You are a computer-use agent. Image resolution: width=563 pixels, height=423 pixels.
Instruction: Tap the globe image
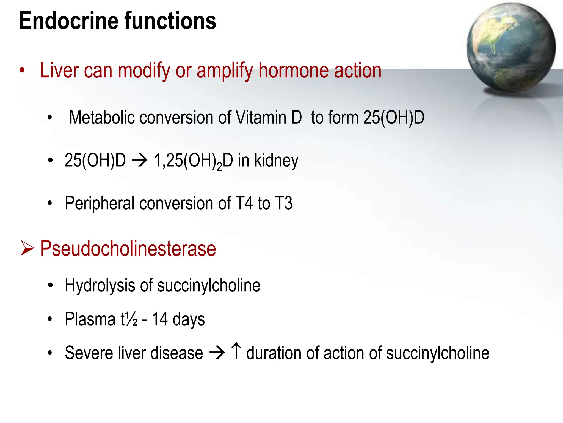click(511, 47)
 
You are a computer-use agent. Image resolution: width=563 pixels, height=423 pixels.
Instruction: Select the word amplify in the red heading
click(225, 71)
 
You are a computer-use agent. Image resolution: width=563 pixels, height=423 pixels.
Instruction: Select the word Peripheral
click(100, 204)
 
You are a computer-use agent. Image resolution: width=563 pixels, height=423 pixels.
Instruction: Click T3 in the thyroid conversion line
click(284, 203)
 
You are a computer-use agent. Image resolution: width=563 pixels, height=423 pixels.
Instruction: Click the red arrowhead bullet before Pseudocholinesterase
click(27, 248)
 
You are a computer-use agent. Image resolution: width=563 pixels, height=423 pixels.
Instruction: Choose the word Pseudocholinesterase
click(128, 248)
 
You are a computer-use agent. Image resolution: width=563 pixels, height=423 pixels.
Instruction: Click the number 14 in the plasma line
click(160, 319)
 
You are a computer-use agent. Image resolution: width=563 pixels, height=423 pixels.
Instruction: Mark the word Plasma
click(90, 319)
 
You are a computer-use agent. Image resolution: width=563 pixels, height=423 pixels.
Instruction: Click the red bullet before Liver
click(22, 70)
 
